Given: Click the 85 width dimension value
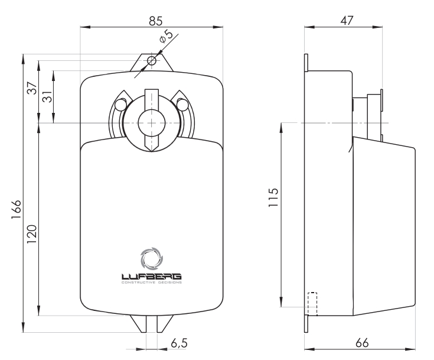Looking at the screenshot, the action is pyautogui.click(x=155, y=21).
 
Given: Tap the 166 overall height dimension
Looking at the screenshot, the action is pyautogui.click(x=17, y=209).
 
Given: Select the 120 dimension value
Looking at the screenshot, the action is pyautogui.click(x=31, y=234).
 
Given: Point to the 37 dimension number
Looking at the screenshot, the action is pyautogui.click(x=32, y=88).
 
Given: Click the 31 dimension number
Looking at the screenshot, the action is pyautogui.click(x=48, y=96).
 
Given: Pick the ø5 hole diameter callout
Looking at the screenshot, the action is pyautogui.click(x=166, y=36).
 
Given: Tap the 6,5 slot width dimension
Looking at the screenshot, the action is pyautogui.click(x=179, y=343).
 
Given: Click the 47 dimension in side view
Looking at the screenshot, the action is pyautogui.click(x=347, y=21).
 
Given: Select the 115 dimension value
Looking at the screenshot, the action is pyautogui.click(x=273, y=197).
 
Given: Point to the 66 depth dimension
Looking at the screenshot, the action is pyautogui.click(x=362, y=343).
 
